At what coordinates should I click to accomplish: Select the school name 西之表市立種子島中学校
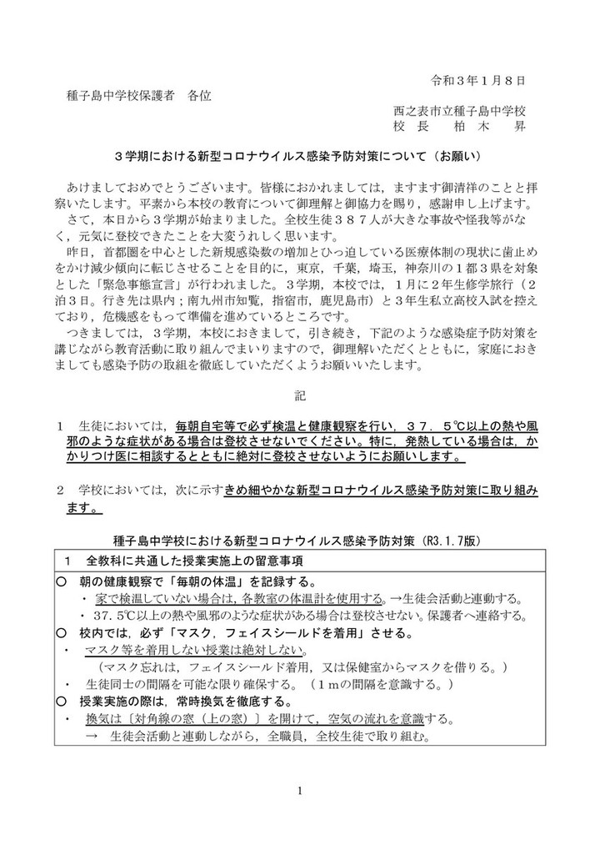(x=459, y=111)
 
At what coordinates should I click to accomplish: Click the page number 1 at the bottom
(x=300, y=792)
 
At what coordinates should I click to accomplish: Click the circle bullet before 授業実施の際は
(x=62, y=701)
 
